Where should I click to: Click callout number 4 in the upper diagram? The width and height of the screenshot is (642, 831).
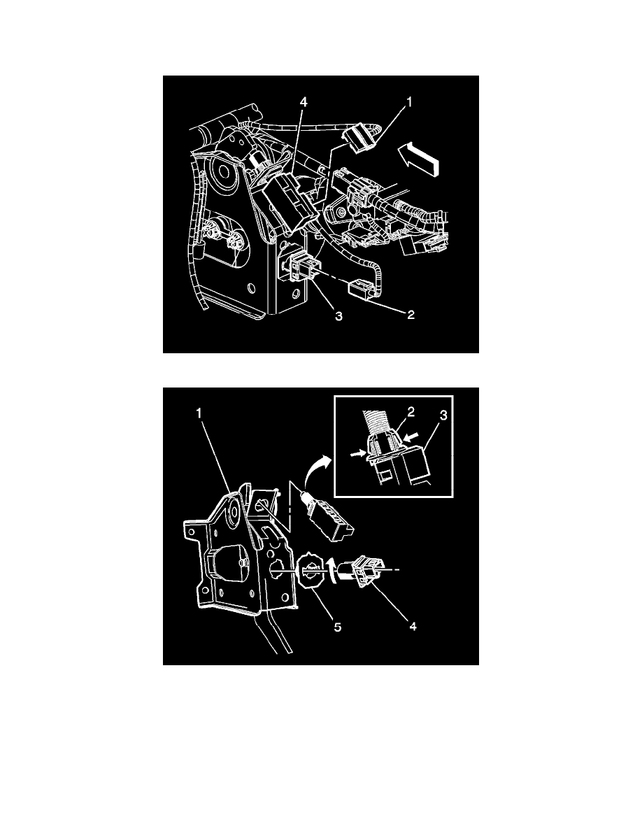(x=304, y=102)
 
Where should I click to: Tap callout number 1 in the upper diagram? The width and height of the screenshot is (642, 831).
(x=409, y=101)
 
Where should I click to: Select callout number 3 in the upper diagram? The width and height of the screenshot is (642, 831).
(x=338, y=316)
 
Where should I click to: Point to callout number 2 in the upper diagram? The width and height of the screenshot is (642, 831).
(x=411, y=315)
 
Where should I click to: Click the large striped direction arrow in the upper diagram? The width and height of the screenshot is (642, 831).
(x=420, y=157)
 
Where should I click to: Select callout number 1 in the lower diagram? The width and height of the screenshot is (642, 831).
(x=199, y=413)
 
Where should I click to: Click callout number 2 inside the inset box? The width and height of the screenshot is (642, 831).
(x=411, y=411)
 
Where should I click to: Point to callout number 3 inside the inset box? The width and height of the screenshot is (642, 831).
(x=444, y=415)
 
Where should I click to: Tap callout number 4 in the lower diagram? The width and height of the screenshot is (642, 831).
(x=413, y=627)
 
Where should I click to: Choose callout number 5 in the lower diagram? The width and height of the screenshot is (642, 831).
(x=337, y=627)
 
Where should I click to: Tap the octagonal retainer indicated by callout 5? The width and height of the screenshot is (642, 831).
(x=311, y=573)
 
